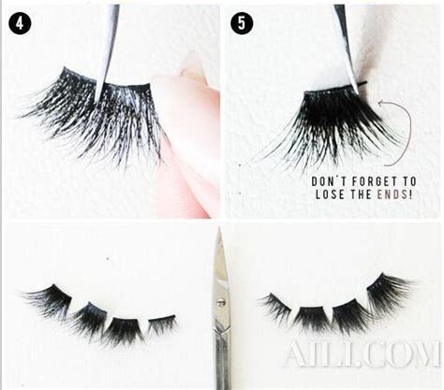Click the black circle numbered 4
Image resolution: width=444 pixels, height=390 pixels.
click(20, 22)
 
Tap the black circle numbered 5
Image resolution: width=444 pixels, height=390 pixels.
click(242, 22)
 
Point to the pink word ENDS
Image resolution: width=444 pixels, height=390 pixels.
click(391, 195)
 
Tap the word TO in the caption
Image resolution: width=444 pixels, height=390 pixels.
click(409, 181)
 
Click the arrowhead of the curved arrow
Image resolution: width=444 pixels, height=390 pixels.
click(380, 103)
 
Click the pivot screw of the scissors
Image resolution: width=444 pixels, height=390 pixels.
click(221, 301)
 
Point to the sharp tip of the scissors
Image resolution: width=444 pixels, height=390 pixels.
click(219, 227)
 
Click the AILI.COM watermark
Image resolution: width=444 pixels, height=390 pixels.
click(363, 354)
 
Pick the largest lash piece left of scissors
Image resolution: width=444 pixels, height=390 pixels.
click(49, 298)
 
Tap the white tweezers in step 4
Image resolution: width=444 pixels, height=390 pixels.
click(107, 50)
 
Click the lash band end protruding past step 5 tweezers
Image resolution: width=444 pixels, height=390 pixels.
click(363, 83)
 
